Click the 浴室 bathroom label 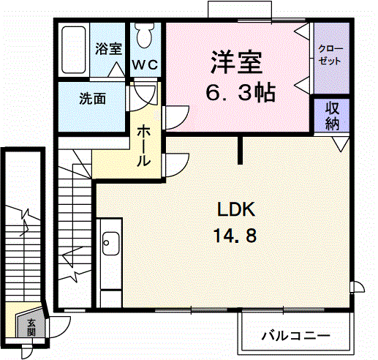(108, 48)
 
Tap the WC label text (145, 65)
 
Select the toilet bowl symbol (145, 36)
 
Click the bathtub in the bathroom (74, 50)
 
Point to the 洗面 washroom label (92, 99)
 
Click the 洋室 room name (236, 62)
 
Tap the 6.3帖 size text (241, 93)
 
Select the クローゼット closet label (330, 55)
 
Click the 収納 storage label (332, 116)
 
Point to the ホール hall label (143, 146)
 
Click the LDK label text (236, 209)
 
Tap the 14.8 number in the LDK (235, 236)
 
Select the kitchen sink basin (111, 243)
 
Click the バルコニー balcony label (296, 336)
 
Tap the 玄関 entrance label (31, 327)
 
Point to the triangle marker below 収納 (341, 143)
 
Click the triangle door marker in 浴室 (116, 70)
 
